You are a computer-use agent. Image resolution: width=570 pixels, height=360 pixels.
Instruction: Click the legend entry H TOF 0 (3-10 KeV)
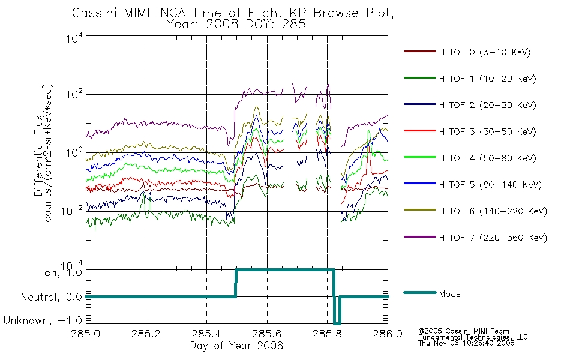click(485, 52)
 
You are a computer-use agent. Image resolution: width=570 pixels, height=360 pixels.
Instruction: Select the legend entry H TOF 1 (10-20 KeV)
click(487, 79)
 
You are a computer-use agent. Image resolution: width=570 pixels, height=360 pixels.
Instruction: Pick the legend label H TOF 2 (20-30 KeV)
click(487, 105)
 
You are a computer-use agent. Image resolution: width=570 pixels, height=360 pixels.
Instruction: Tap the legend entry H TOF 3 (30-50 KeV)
click(487, 131)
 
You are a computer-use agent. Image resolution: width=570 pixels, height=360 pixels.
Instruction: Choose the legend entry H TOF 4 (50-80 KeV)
click(487, 158)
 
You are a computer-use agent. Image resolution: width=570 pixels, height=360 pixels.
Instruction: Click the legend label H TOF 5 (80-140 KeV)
click(490, 185)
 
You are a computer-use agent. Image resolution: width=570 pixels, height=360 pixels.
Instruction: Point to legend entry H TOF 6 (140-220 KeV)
click(493, 211)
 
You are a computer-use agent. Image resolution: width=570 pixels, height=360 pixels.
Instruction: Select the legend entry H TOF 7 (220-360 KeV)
click(493, 238)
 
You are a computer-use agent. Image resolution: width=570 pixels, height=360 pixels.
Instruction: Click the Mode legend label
click(449, 294)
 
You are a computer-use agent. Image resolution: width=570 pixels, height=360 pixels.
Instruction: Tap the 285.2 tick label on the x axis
click(146, 334)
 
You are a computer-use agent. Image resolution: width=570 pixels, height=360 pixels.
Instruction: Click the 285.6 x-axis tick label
click(267, 334)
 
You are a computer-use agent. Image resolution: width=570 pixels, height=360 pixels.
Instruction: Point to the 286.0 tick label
click(388, 334)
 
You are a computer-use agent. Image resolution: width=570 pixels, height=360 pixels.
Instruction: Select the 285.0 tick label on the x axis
click(85, 334)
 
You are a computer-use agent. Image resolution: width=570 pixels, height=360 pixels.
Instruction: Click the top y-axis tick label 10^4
click(74, 38)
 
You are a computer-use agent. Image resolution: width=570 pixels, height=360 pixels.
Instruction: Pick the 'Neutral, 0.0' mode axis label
click(51, 297)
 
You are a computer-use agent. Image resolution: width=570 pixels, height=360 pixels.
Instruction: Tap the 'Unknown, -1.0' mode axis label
click(43, 320)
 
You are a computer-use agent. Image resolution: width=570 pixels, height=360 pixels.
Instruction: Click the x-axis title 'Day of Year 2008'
click(236, 346)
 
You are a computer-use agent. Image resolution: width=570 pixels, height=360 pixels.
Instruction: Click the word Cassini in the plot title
click(95, 13)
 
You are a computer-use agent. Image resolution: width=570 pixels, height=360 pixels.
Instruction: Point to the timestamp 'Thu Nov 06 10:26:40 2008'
click(466, 343)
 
